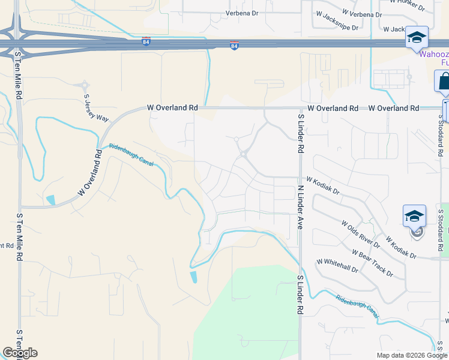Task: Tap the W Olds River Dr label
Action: [360, 233]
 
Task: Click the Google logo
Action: [20, 353]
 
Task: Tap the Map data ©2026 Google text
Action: [412, 355]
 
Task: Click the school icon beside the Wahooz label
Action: [416, 38]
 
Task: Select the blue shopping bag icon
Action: [444, 81]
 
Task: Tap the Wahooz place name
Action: [433, 53]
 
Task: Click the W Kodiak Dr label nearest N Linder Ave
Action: [322, 187]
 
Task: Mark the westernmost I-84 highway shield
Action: [146, 41]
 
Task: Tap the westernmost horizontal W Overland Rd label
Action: [173, 108]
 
